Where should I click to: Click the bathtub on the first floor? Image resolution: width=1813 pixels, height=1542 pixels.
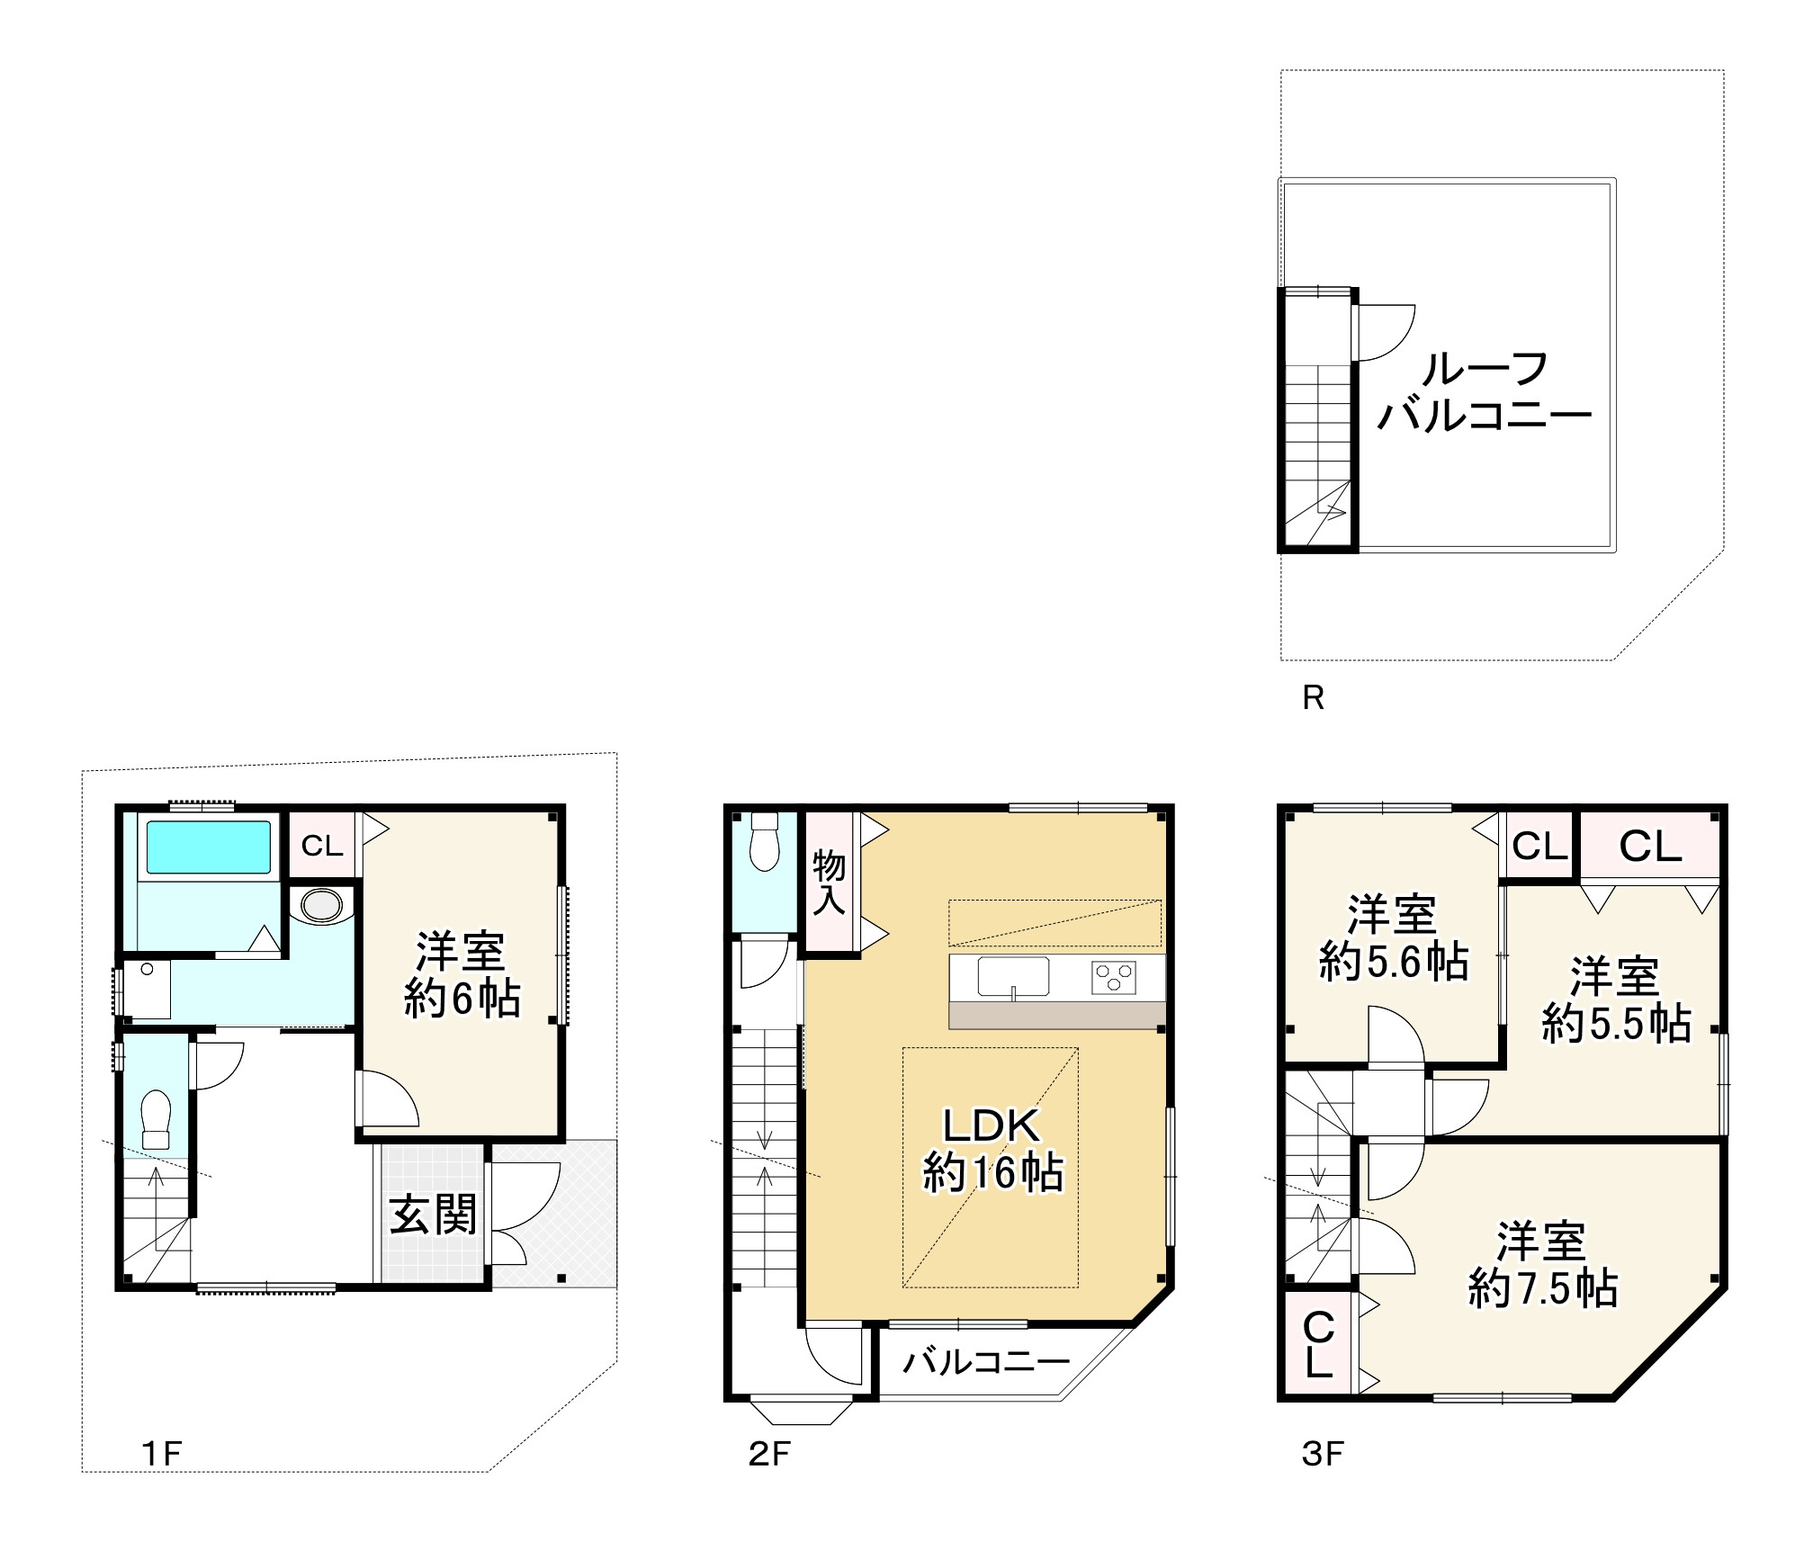pos(208,847)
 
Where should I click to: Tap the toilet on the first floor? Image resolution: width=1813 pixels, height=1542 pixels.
pos(156,1119)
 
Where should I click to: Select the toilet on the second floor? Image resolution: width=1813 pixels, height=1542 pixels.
pos(764,842)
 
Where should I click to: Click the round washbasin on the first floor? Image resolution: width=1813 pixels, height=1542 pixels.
pos(321,906)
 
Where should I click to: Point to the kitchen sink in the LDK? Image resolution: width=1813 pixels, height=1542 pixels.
pos(1013,977)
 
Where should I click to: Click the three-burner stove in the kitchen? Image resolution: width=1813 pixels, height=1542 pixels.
pos(1114,977)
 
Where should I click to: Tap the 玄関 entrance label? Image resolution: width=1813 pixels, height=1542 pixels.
pos(433,1215)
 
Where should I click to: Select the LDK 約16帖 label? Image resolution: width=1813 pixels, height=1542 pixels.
pos(992,1150)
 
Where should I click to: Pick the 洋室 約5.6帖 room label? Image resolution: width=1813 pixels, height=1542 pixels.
pos(1394,938)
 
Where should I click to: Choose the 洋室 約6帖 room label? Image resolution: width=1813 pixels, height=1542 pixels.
pos(462,974)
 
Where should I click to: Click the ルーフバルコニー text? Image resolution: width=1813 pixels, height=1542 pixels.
pos(1485,392)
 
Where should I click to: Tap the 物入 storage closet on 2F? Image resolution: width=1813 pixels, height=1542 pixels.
pos(829,883)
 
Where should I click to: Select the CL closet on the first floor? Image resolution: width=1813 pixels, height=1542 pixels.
pos(322,846)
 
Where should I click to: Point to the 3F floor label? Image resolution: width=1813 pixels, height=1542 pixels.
pos(1323,1479)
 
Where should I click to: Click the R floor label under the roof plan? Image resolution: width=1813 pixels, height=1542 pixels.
pos(1313,698)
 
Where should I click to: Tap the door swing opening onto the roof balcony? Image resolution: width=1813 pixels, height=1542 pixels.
pos(1383,332)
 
